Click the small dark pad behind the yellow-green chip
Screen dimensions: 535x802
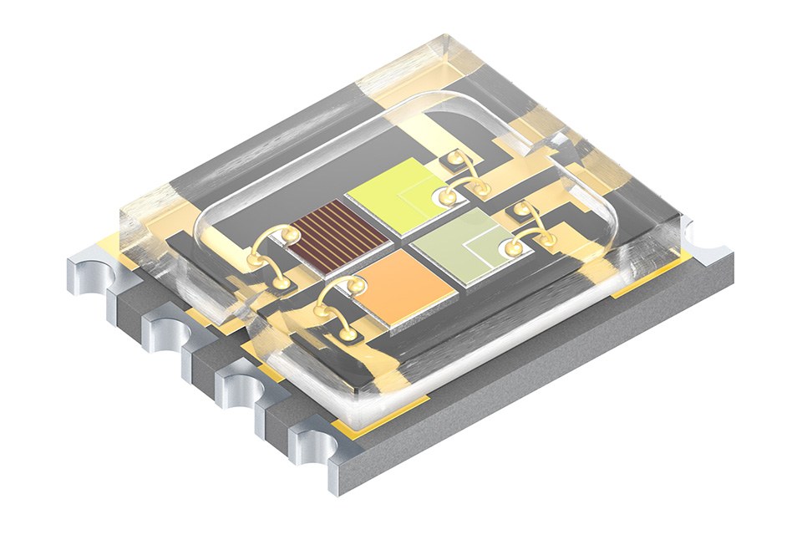[454, 158]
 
